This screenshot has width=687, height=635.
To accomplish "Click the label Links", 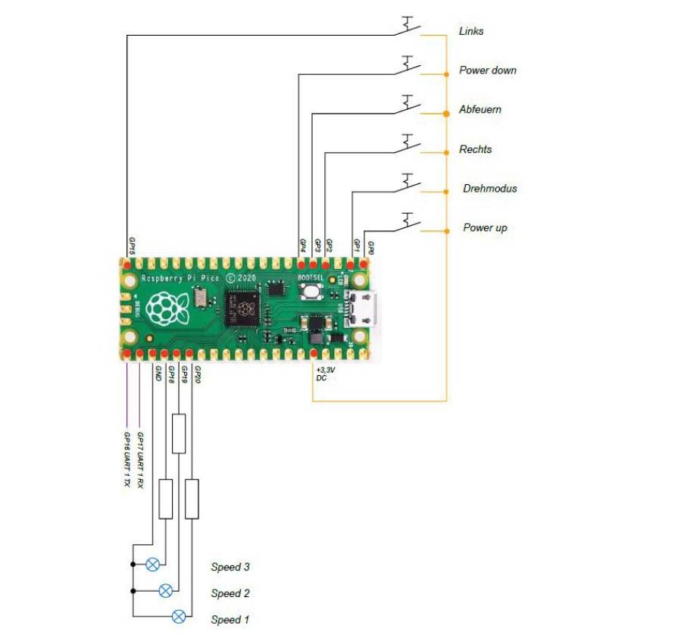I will (x=470, y=32).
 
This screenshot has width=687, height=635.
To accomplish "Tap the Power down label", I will (x=487, y=70).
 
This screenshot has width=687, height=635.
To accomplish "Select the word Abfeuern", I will (x=479, y=110).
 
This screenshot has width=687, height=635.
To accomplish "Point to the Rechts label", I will (x=475, y=149).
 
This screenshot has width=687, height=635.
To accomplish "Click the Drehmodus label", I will (x=489, y=189).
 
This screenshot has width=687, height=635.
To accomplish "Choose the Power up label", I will (x=485, y=228).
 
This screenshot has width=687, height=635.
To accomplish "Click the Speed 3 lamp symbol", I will (x=153, y=565).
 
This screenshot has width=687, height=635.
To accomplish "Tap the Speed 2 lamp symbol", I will (x=166, y=591).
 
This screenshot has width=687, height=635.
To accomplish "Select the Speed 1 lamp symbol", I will (x=179, y=616).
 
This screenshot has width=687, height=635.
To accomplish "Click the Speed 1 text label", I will (x=230, y=620).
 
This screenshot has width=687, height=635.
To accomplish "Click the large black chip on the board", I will (x=242, y=307).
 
